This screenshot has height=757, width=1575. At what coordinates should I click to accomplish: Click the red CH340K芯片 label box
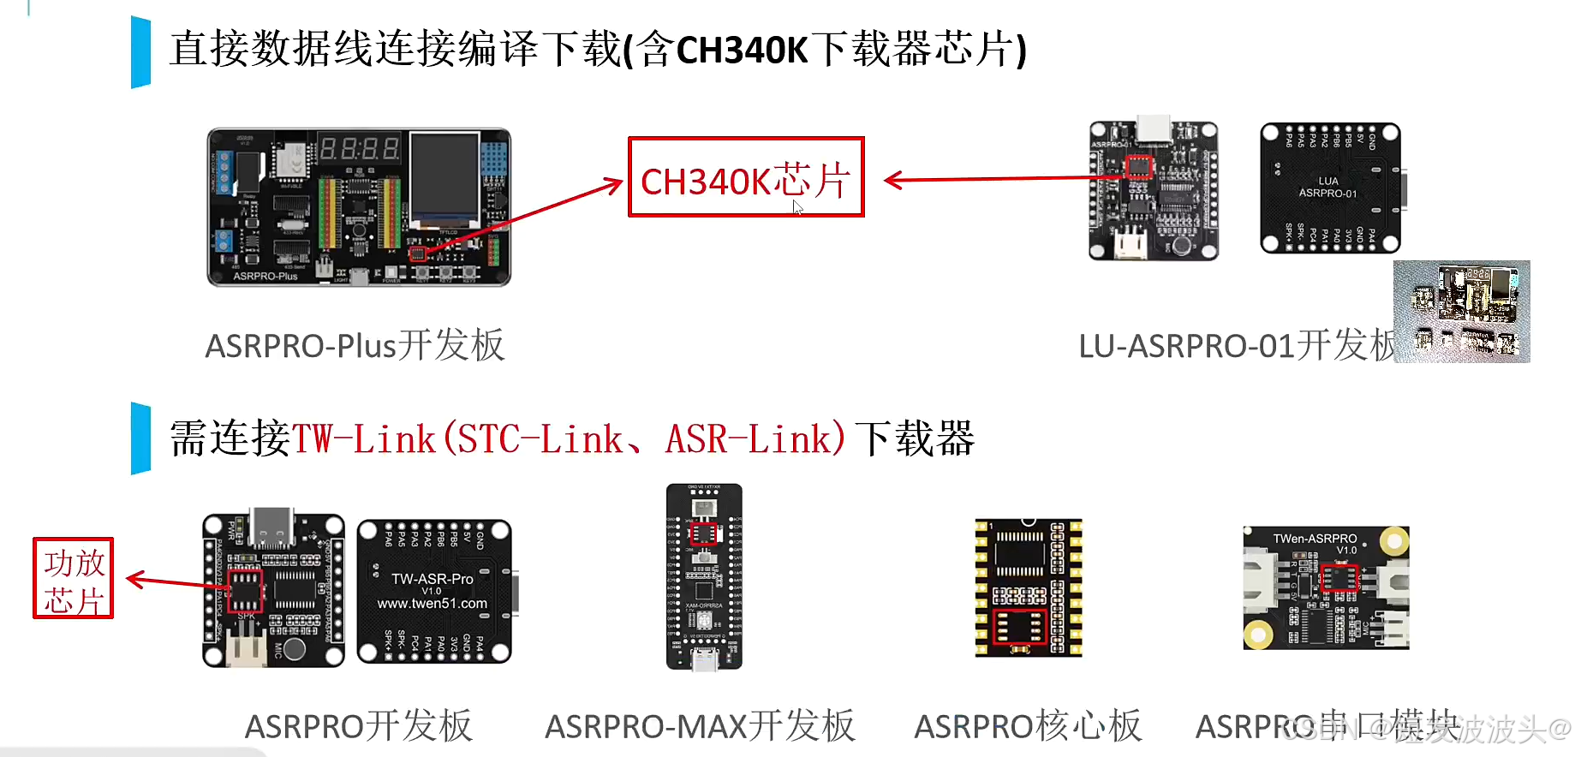pyautogui.click(x=745, y=177)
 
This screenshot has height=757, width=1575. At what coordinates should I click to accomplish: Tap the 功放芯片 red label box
pyautogui.click(x=74, y=578)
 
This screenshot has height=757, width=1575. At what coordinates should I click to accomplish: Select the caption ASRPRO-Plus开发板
pyautogui.click(x=355, y=346)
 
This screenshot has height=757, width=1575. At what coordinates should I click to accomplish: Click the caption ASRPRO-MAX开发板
pyautogui.click(x=700, y=726)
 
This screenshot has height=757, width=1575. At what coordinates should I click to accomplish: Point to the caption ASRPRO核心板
pyautogui.click(x=1028, y=726)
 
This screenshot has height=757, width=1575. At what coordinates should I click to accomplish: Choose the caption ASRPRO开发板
pyautogui.click(x=358, y=726)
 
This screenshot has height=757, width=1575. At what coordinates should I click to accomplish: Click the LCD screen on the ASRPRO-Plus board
pyautogui.click(x=444, y=179)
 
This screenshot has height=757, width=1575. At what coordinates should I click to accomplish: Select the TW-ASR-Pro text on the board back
pyautogui.click(x=433, y=579)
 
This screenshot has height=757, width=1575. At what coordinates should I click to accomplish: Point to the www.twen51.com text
pyautogui.click(x=433, y=604)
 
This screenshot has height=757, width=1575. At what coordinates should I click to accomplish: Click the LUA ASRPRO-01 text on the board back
pyautogui.click(x=1327, y=188)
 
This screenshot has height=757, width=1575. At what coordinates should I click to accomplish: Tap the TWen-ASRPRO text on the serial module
pyautogui.click(x=1315, y=539)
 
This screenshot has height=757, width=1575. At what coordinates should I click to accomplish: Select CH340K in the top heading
pyautogui.click(x=742, y=50)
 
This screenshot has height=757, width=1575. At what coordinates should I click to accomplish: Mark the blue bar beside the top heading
pyautogui.click(x=140, y=51)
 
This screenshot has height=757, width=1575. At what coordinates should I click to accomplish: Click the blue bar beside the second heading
pyautogui.click(x=140, y=438)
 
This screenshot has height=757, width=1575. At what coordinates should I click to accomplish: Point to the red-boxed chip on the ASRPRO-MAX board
pyautogui.click(x=703, y=534)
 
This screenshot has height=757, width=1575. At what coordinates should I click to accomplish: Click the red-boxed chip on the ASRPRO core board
pyautogui.click(x=1018, y=628)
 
